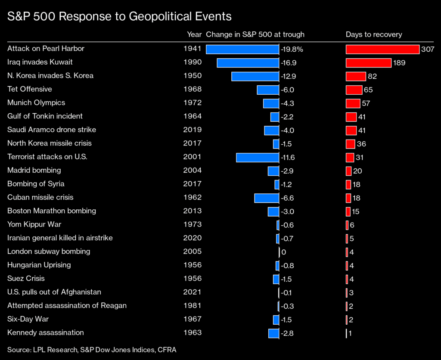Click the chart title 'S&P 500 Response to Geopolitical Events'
pyautogui.click(x=120, y=17)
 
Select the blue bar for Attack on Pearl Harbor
pyautogui.click(x=242, y=49)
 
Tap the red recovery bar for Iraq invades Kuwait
pyautogui.click(x=368, y=63)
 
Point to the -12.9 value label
pyautogui.click(x=289, y=76)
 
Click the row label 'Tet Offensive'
pyautogui.click(x=30, y=89)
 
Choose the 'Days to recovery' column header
pyautogui.click(x=374, y=34)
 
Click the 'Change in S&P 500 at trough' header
pyautogui.click(x=255, y=34)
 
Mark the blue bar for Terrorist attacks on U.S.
pyautogui.click(x=258, y=157)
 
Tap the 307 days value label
pyautogui.click(x=428, y=50)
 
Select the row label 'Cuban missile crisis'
pyautogui.click(x=40, y=197)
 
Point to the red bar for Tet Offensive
pyautogui.click(x=354, y=90)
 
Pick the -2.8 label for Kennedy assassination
pyautogui.click(x=287, y=333)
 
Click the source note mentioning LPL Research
pyautogui.click(x=92, y=350)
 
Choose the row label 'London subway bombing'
pyautogui.click(x=49, y=251)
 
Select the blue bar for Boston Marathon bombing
pyautogui.click(x=273, y=211)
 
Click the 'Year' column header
pyautogui.click(x=194, y=34)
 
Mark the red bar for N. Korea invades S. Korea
pyautogui.click(x=356, y=76)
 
